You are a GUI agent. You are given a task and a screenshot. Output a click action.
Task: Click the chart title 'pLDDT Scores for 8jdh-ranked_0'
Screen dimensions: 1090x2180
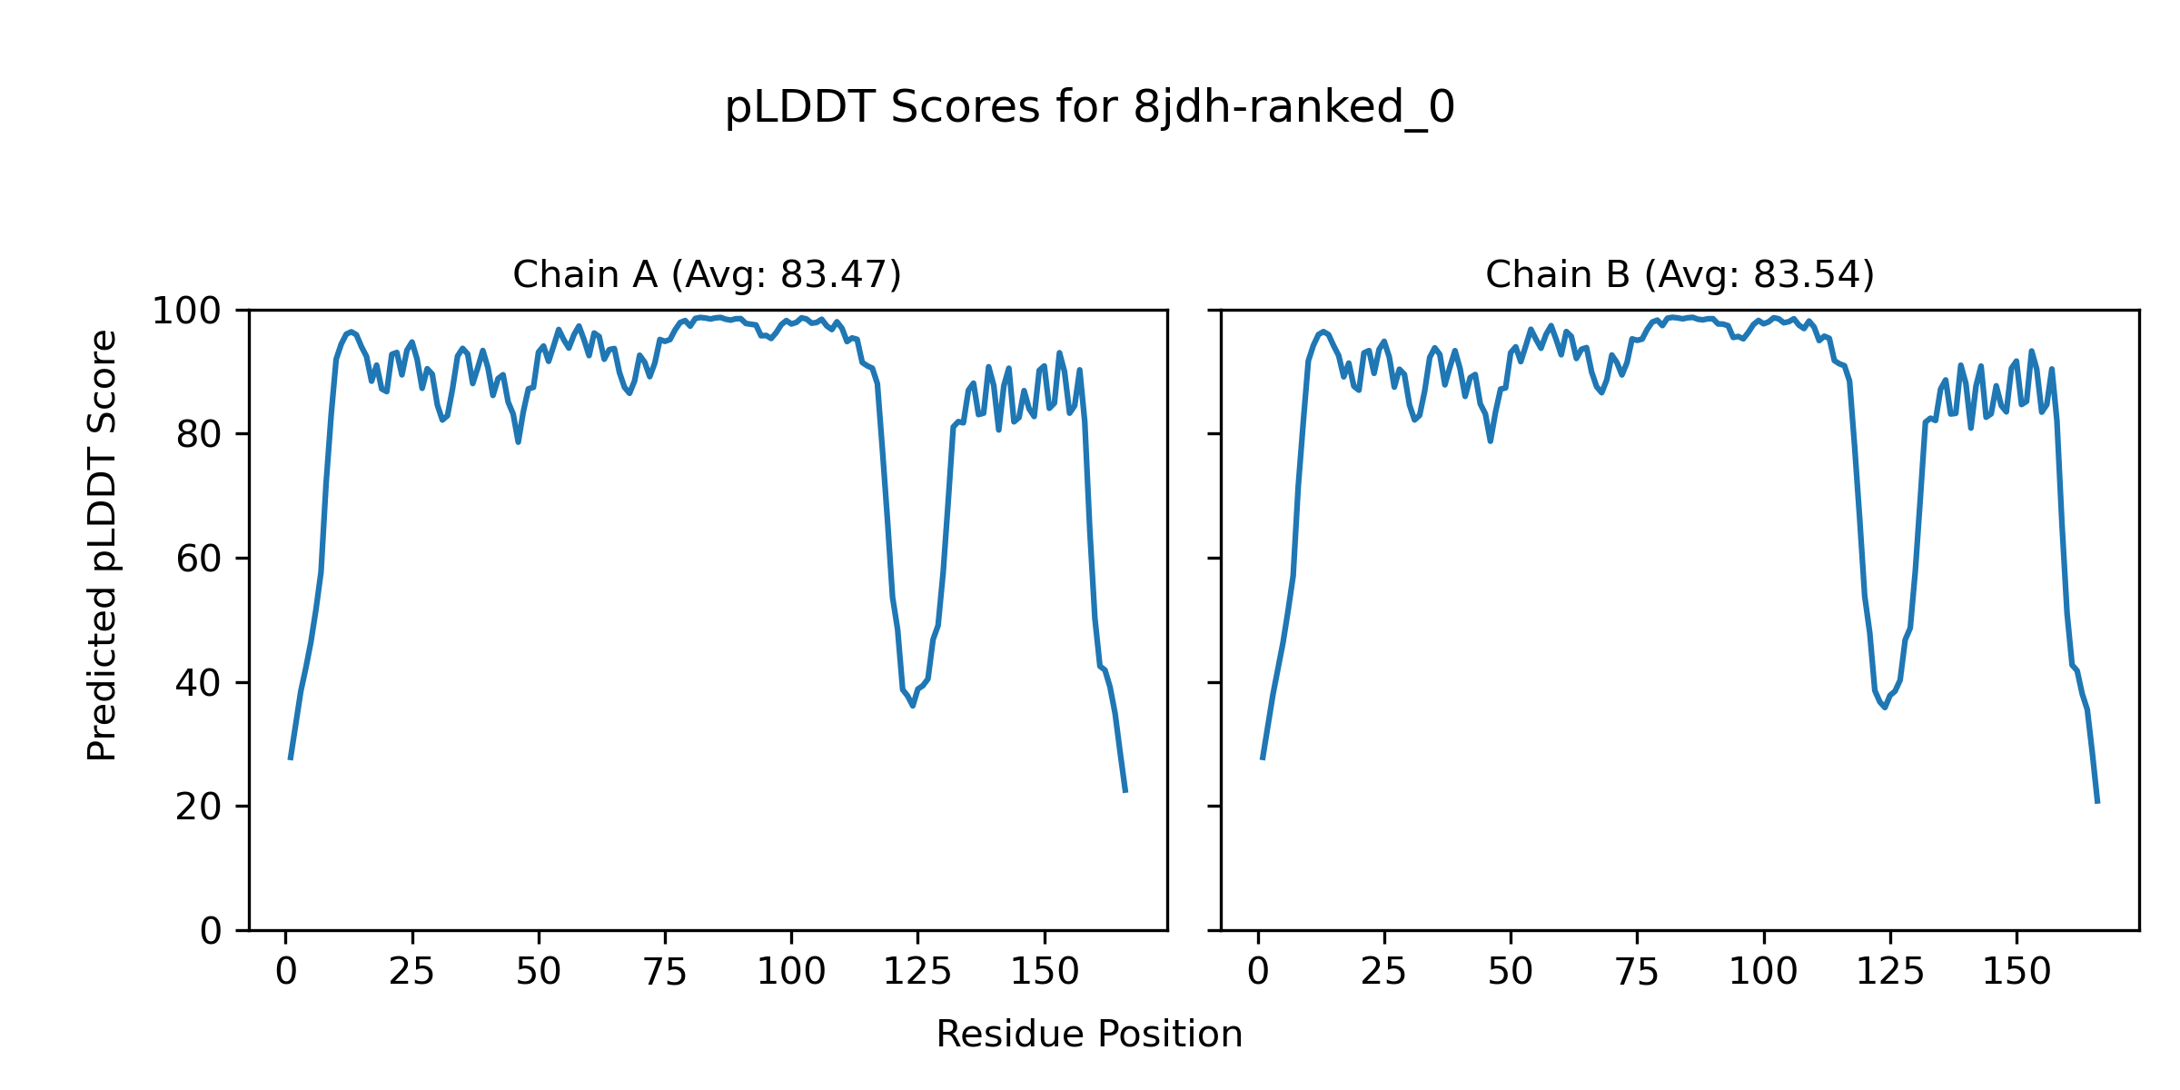(1089, 108)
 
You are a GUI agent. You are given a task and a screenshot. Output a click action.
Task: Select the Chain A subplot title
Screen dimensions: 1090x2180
(707, 274)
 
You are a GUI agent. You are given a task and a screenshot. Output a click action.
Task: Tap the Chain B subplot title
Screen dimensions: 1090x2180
(1680, 274)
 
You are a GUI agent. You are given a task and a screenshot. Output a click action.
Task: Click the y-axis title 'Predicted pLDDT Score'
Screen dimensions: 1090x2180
(103, 545)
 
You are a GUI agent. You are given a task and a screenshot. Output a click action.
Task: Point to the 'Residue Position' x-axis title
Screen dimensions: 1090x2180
(1089, 1035)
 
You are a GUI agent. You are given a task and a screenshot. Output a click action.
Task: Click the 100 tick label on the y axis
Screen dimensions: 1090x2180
(186, 312)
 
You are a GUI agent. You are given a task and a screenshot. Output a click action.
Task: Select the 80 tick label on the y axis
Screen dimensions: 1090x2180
(199, 435)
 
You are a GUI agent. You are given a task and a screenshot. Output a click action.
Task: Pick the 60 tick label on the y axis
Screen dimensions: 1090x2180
(199, 560)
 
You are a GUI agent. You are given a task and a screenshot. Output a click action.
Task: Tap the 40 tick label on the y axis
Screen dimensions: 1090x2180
(199, 683)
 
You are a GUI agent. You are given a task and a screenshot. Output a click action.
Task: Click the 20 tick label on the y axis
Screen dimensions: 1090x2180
(199, 807)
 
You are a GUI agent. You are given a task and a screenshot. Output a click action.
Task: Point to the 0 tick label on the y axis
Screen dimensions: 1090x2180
(211, 931)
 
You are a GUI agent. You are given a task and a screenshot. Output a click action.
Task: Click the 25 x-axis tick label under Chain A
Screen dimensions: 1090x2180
(412, 973)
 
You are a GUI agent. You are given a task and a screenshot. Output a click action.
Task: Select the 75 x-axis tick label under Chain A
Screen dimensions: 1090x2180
(665, 973)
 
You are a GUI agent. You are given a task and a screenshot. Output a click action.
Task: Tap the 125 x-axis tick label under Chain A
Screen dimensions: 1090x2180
(917, 973)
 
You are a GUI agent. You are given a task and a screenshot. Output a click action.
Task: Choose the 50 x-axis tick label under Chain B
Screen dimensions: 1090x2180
(1511, 973)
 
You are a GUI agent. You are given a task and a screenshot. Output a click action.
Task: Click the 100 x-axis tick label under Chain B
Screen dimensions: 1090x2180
(1763, 973)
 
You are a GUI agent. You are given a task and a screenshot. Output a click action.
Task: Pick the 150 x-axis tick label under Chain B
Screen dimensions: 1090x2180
(2016, 973)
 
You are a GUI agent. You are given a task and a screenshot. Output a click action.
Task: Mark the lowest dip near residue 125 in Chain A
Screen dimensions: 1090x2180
(913, 706)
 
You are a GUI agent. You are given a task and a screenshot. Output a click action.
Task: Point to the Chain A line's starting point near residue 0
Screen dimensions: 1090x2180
(291, 758)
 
